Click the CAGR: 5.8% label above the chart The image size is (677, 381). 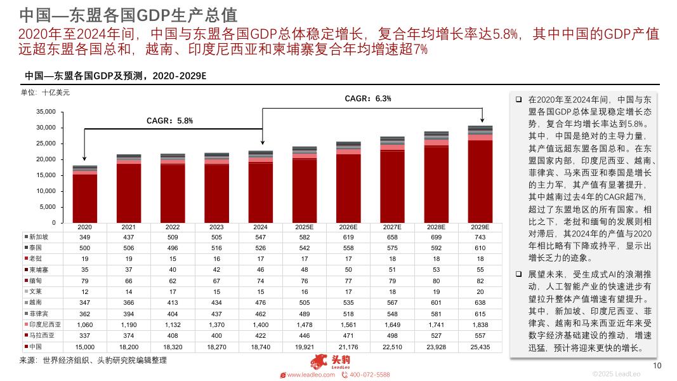(169, 120)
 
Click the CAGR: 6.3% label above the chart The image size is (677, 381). (367, 98)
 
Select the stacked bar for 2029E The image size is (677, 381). (480, 175)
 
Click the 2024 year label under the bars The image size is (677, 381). (260, 227)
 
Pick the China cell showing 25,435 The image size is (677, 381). (480, 347)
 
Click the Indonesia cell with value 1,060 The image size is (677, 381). (85, 325)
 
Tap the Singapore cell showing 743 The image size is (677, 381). (480, 237)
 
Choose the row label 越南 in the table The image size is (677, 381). (36, 303)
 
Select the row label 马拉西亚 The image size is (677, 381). (42, 336)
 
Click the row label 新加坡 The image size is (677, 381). (39, 237)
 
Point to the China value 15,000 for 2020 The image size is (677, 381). (85, 347)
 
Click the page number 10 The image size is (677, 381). (657, 365)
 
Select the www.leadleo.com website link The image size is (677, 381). (311, 375)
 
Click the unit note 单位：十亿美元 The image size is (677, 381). (46, 93)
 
